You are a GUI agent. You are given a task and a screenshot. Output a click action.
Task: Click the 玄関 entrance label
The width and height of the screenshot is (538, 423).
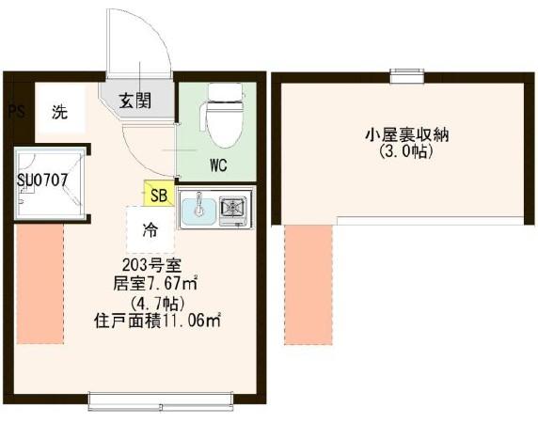[135, 101]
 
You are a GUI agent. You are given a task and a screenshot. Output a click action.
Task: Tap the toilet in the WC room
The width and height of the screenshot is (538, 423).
[225, 115]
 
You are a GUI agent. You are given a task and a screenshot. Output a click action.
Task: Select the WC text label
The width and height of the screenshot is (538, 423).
[218, 165]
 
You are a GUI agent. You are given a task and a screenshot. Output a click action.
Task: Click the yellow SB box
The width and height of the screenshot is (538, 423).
[159, 194]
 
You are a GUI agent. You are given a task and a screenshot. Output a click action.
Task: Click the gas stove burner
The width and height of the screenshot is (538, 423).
[232, 207]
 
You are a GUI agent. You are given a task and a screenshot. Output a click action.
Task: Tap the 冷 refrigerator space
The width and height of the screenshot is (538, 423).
[150, 229]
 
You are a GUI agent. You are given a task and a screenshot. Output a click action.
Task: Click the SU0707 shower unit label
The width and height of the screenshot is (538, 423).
[42, 180]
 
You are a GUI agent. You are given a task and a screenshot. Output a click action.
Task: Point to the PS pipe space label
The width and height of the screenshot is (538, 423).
[17, 112]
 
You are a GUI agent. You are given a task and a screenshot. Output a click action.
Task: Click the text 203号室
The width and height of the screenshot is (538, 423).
[150, 264]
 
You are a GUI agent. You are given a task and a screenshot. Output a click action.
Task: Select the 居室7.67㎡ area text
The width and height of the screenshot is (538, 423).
[155, 283]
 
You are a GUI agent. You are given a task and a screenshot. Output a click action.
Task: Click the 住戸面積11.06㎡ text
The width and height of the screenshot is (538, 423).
[157, 321]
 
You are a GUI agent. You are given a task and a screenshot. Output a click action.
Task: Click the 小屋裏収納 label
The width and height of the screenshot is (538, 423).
[406, 135]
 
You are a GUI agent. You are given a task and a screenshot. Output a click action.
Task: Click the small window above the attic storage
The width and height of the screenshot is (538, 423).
[407, 76]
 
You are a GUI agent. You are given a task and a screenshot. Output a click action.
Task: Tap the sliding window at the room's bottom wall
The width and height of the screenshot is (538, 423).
[161, 401]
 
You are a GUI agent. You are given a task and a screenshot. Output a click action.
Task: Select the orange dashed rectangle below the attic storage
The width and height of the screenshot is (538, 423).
[309, 285]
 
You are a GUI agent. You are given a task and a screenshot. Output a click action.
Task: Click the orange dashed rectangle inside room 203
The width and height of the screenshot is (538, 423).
[40, 284]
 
